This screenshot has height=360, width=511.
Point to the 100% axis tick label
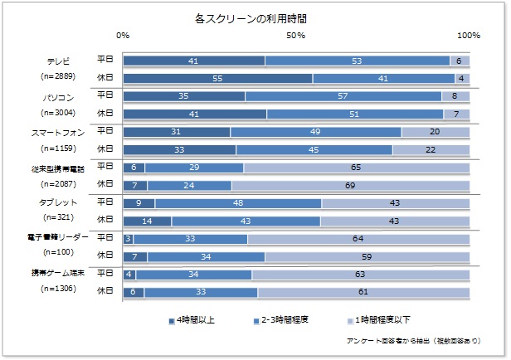469,36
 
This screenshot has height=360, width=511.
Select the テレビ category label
58,61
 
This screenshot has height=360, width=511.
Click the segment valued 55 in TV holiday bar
217,78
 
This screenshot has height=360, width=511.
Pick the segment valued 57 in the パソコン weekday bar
343,96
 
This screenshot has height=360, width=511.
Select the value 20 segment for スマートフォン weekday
436,132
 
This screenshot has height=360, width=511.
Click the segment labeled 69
351,184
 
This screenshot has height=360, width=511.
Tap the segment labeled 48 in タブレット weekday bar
238,202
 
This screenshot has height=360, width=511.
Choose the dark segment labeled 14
147,221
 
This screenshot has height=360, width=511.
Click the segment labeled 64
358,239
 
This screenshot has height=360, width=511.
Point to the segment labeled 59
367,256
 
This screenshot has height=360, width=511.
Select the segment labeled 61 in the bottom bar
363,291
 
